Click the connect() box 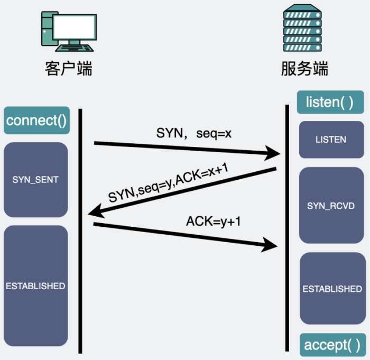36,121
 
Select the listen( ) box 330,102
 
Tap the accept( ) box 332,345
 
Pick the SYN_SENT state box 35,180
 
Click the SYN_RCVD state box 331,205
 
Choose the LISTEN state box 331,140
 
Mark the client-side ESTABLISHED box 35,286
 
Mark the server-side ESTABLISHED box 332,289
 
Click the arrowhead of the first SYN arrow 273,154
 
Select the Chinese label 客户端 69,69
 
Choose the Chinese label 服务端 304,69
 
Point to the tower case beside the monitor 47,32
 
